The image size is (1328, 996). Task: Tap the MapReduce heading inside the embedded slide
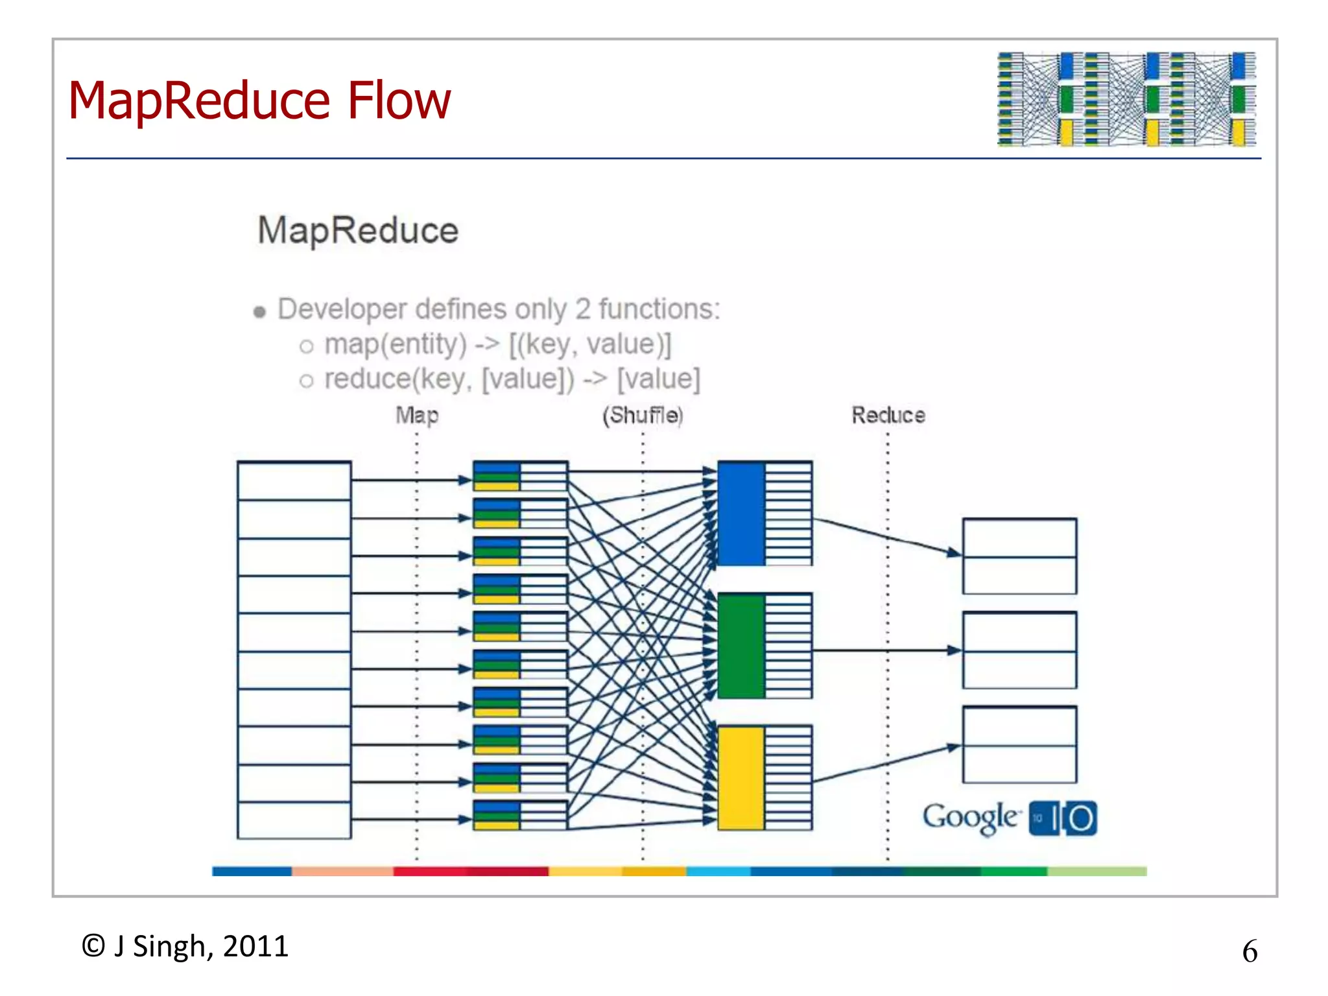click(x=358, y=230)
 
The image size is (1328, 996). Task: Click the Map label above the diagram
click(x=417, y=415)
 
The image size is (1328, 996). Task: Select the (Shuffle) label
click(x=643, y=415)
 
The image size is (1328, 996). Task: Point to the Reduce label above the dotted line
click(x=888, y=415)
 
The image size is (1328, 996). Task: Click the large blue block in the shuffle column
click(x=741, y=514)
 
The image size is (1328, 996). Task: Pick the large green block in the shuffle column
click(x=741, y=646)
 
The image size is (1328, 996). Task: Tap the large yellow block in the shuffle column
click(x=741, y=777)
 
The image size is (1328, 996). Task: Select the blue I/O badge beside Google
click(x=1063, y=818)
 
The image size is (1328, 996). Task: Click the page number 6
click(x=1250, y=951)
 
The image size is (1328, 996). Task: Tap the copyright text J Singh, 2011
click(x=185, y=946)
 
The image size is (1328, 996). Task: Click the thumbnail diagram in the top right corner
click(x=1126, y=99)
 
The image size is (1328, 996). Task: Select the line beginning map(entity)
click(x=497, y=344)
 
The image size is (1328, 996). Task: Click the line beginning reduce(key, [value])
click(x=512, y=379)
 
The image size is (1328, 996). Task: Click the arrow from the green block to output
click(x=885, y=650)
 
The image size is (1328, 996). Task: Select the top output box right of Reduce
click(x=1019, y=556)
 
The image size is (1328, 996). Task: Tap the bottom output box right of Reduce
click(x=1019, y=744)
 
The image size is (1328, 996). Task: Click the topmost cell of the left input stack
click(x=294, y=480)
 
